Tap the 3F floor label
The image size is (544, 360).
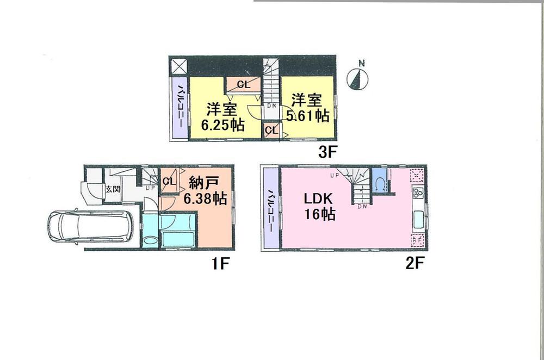(325, 153)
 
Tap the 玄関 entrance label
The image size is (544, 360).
(113, 189)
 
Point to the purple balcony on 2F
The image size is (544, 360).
(269, 209)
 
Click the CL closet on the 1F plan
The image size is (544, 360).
(169, 182)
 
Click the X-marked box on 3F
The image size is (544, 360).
(179, 67)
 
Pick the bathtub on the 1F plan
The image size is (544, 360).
(178, 239)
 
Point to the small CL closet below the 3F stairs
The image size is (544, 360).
(271, 131)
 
